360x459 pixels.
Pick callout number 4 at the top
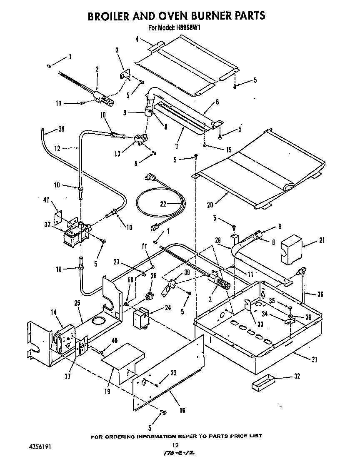(x=137, y=40)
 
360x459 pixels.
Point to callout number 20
(x=210, y=205)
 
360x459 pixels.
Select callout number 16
(x=182, y=410)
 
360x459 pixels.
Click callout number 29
(x=217, y=240)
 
